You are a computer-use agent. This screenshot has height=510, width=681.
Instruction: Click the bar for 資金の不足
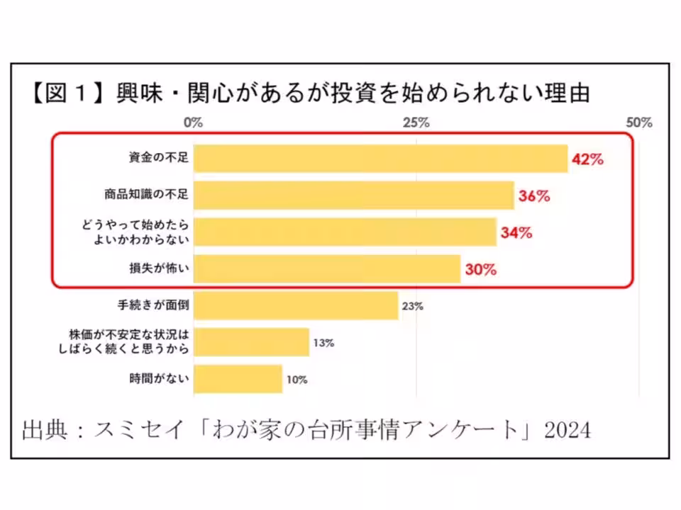coord(380,159)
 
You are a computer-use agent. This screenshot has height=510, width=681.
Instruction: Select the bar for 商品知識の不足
coord(353,195)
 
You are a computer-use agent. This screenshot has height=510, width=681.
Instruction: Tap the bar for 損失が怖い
coord(327,269)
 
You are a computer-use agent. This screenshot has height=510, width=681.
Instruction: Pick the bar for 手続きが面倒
coord(296,306)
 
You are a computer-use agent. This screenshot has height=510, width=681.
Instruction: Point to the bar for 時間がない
coord(238,379)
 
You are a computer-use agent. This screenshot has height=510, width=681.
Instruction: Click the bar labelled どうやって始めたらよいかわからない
coord(345,232)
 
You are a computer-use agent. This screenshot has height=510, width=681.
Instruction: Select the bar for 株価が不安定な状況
coord(251,342)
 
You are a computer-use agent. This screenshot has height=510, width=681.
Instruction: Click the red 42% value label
coord(587,160)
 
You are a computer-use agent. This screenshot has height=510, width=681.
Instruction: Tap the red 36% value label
coord(534,196)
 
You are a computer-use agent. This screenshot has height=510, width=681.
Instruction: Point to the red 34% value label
coord(516,233)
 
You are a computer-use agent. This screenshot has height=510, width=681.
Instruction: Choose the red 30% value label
coord(481,270)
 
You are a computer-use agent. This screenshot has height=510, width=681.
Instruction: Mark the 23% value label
coord(412,307)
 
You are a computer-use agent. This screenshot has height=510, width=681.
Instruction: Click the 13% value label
coord(323,343)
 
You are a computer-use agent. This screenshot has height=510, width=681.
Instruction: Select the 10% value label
coord(297,380)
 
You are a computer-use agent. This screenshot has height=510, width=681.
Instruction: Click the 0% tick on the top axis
coord(193,123)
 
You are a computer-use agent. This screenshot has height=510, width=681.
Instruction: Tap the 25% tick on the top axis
coord(416,123)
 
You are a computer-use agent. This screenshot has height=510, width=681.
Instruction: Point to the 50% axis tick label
coord(640,123)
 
